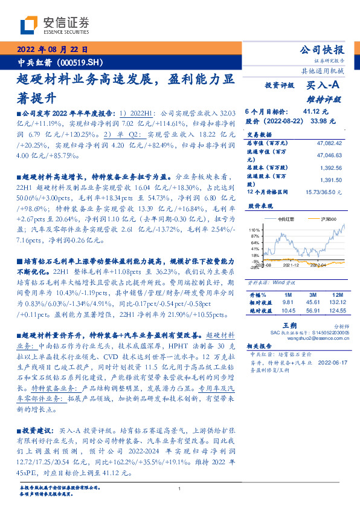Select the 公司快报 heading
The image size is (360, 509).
[323, 50]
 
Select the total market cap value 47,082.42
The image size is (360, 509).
[330, 143]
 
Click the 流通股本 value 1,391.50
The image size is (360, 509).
[331, 180]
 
